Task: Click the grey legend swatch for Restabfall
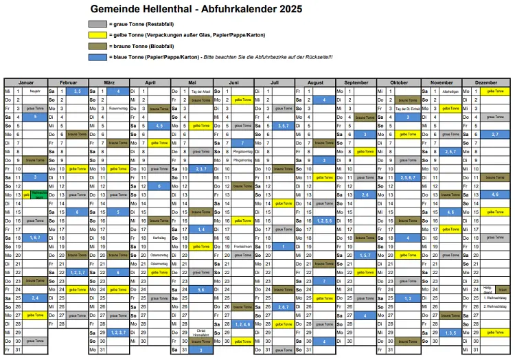98,24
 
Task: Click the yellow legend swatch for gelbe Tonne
98,34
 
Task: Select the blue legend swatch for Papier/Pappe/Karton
98,56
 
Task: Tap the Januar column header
25,82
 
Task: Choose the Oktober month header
398,82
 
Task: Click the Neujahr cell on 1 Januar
35,91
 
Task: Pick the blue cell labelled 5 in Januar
35,117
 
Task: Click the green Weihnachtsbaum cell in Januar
39,195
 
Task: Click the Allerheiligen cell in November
450,91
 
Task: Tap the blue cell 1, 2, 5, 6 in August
325,221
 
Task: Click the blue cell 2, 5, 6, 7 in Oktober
408,177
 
